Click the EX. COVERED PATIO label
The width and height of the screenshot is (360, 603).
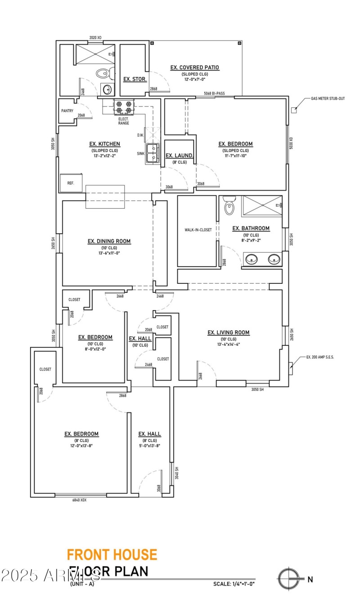[194, 67]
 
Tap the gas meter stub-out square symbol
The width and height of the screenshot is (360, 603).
[294, 109]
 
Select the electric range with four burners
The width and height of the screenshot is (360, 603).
[124, 107]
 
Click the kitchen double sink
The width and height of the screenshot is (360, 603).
[153, 153]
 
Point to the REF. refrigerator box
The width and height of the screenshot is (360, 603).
[71, 183]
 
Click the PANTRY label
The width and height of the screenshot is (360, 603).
[67, 111]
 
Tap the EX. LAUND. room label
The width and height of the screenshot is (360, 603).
[180, 156]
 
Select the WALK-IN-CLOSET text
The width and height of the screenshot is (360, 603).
[198, 230]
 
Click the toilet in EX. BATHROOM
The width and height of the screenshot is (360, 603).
[229, 205]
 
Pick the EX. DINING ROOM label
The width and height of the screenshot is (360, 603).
[109, 241]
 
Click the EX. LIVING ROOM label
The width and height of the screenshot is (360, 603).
[228, 333]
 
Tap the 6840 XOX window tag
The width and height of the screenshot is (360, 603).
[79, 500]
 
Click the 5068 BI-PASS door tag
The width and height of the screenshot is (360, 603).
[214, 94]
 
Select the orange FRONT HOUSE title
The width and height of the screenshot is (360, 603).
[112, 554]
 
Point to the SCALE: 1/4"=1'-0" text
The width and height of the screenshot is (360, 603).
[234, 584]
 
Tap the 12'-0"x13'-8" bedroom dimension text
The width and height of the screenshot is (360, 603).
[81, 446]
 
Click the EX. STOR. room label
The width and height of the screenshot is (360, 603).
[132, 79]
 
